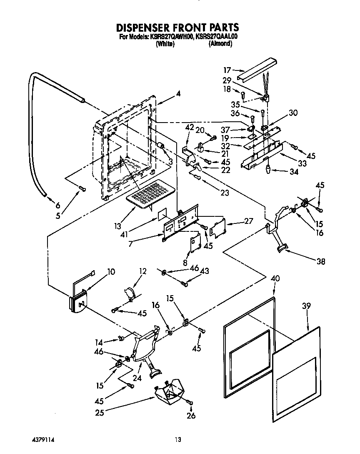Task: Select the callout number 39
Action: (307, 306)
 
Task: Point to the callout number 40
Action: (275, 278)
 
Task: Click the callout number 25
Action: (99, 413)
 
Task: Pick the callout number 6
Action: (57, 205)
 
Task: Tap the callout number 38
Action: (321, 262)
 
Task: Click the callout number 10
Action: (111, 272)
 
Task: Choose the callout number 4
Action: (178, 94)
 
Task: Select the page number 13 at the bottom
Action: (178, 439)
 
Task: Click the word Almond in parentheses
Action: (220, 43)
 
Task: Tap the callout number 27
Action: (249, 221)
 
